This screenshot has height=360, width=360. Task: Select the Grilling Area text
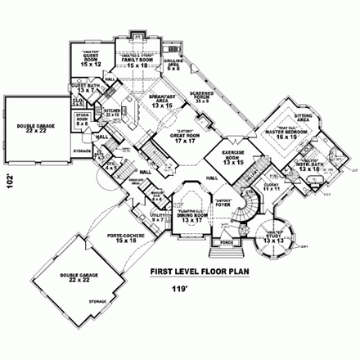173,65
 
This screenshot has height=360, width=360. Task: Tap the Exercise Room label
235,157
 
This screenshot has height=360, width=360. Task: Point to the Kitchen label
114,112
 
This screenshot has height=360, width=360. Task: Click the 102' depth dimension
9,181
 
